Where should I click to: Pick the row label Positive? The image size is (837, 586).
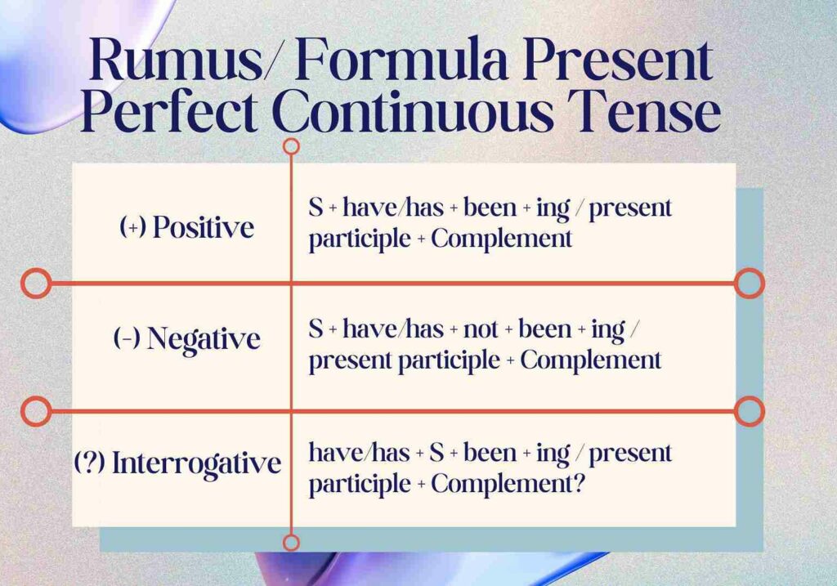click(x=204, y=226)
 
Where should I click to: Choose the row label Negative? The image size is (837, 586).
click(x=204, y=338)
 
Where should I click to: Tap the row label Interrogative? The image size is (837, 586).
click(x=196, y=463)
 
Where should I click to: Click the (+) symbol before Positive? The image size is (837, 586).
click(x=132, y=226)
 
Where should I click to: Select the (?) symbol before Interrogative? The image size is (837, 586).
click(x=87, y=463)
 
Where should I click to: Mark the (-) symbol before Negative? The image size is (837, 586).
click(x=126, y=338)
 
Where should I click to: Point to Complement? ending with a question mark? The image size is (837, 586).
click(x=508, y=484)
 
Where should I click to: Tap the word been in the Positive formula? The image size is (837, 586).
click(x=490, y=208)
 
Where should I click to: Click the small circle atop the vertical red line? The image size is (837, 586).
click(x=291, y=146)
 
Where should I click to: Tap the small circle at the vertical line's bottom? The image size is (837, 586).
click(x=291, y=542)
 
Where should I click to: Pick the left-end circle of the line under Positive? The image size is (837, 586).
click(x=35, y=284)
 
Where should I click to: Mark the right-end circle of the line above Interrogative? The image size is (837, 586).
click(x=749, y=410)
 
